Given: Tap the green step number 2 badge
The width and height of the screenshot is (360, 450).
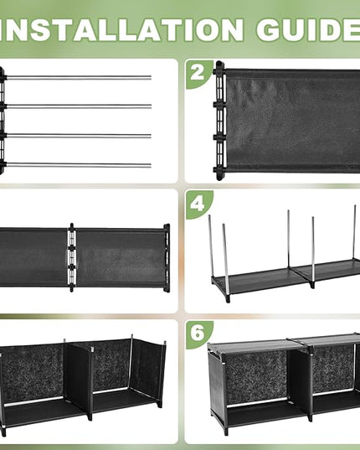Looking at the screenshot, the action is click(198, 74).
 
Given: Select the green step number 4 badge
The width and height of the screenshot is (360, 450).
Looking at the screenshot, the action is click(198, 204).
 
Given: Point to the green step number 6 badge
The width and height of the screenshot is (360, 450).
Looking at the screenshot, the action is click(198, 334).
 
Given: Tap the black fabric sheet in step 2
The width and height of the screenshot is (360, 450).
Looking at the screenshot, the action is click(292, 121).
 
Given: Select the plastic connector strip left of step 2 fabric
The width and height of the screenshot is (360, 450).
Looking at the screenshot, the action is click(219, 121).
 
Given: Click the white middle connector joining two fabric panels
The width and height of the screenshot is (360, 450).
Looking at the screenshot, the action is click(72, 257).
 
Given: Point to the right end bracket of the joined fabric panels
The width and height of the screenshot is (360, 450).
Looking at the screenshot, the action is click(167, 258).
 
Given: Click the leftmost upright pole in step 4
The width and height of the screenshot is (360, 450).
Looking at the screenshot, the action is click(210, 246).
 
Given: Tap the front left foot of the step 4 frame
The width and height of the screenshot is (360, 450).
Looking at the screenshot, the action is click(228, 297).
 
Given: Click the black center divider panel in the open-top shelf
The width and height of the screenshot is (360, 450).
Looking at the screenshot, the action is click(78, 380).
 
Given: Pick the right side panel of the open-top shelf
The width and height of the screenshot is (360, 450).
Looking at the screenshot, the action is click(148, 372).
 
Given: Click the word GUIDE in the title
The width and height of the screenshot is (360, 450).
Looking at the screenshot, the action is click(308, 30).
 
